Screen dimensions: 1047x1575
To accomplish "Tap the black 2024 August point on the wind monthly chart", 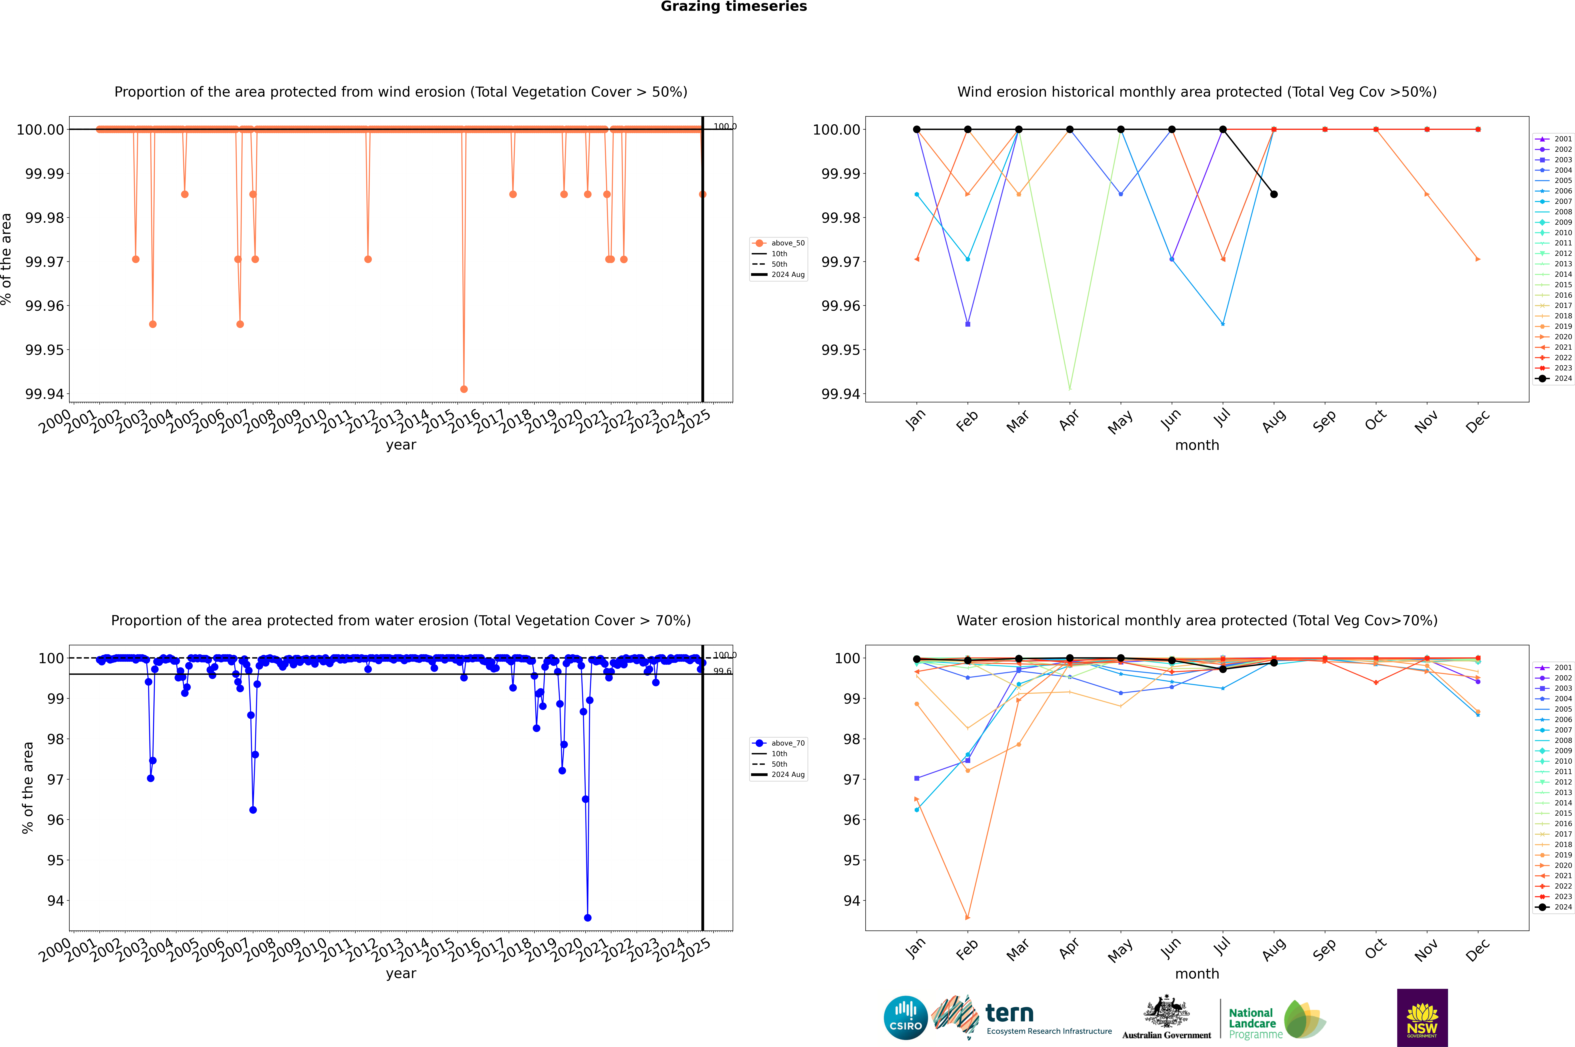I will (1274, 194).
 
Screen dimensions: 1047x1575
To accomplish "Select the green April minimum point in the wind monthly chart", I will (1070, 388).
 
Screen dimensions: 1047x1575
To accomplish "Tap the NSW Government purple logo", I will (1422, 1018).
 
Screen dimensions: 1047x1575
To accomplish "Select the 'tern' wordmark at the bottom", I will (1010, 1014).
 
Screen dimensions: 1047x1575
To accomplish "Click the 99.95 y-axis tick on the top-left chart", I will (45, 350).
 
